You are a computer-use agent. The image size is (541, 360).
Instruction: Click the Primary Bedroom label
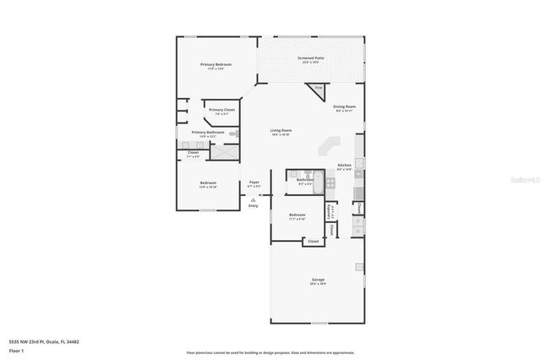click(216, 65)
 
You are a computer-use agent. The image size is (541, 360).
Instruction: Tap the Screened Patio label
click(310, 58)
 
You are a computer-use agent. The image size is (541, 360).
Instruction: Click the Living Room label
click(281, 131)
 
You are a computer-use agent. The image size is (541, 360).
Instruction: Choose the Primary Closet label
click(222, 111)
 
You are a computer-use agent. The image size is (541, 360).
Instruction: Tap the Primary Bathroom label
click(207, 133)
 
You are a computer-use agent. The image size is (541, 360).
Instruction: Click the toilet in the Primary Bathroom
click(236, 134)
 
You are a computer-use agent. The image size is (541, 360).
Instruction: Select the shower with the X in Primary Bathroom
click(225, 152)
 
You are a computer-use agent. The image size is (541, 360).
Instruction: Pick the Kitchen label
click(344, 166)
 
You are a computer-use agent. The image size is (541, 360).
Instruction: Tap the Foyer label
click(254, 183)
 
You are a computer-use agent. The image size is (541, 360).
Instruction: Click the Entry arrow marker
click(254, 200)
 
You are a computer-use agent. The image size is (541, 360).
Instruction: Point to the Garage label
click(318, 281)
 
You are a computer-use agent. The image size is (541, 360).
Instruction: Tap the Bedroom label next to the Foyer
click(208, 184)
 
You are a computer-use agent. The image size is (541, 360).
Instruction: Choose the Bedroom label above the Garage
click(297, 215)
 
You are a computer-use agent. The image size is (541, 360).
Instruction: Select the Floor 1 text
click(15, 351)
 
